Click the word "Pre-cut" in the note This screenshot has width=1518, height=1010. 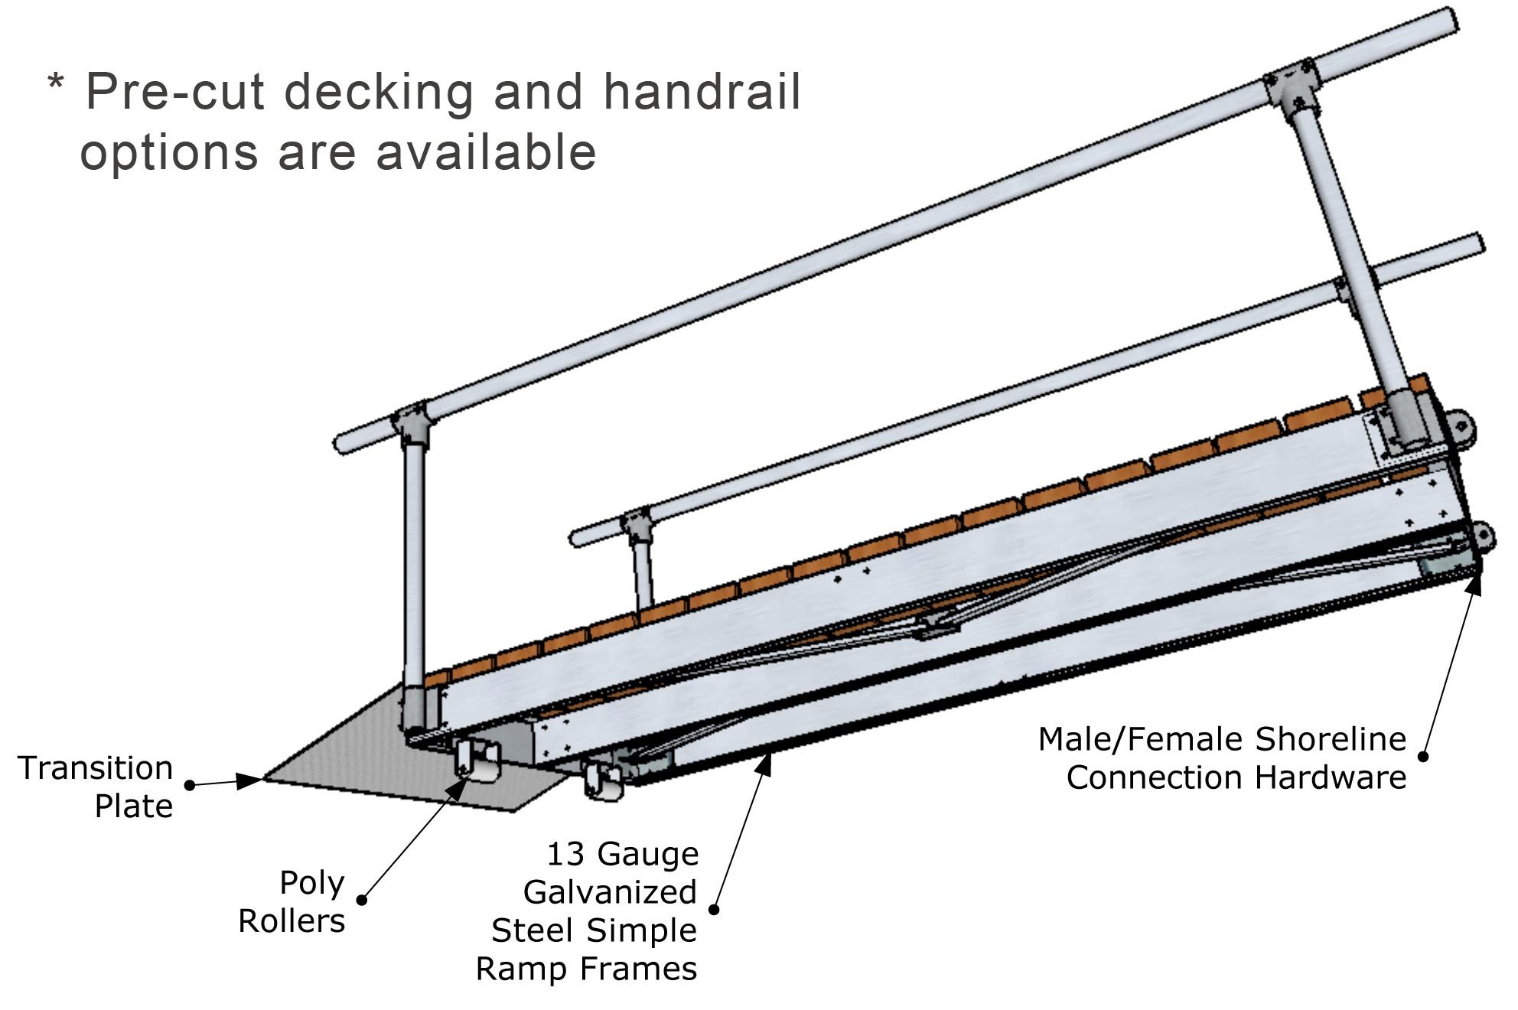[174, 93]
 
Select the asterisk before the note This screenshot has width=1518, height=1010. [55, 83]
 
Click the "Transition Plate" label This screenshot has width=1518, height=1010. [96, 787]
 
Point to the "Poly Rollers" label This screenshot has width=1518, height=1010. [292, 902]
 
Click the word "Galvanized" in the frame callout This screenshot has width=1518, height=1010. [610, 892]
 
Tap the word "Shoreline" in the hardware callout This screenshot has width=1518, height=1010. [1331, 739]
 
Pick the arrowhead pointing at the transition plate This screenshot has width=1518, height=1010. [250, 780]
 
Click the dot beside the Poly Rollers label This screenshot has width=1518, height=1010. [363, 900]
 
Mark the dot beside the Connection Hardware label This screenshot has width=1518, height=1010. [1423, 756]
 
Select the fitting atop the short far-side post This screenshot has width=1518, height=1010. [636, 526]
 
